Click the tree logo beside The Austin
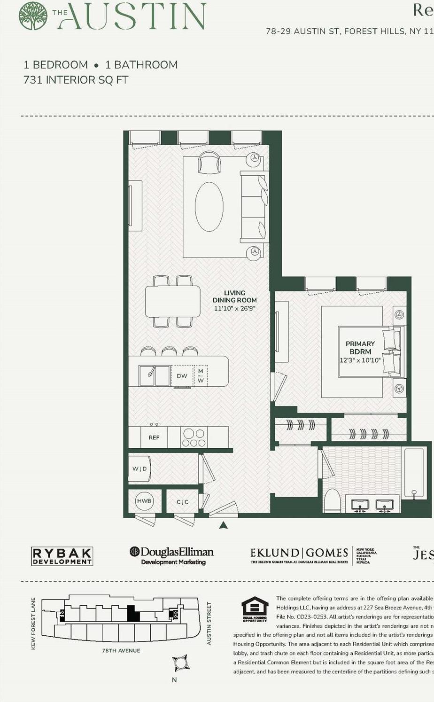pos(33,16)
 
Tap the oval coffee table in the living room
pos(209,207)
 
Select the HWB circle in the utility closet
pos(144,501)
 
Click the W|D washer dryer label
pos(139,469)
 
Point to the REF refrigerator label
pos(154,437)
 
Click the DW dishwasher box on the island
pos(182,375)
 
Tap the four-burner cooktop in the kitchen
pos(194,437)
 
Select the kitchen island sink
pos(154,375)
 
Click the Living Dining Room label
pos(234,296)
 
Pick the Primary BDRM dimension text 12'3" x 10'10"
pos(360,360)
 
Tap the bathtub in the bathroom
pos(414,472)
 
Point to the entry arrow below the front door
pos(224,525)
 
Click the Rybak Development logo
pos(62,556)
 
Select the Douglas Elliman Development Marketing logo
pos(172,555)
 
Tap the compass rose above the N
pos(180,663)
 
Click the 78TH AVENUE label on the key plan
pos(121,651)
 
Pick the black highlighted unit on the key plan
pos(133,614)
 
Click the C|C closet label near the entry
pos(182,502)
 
